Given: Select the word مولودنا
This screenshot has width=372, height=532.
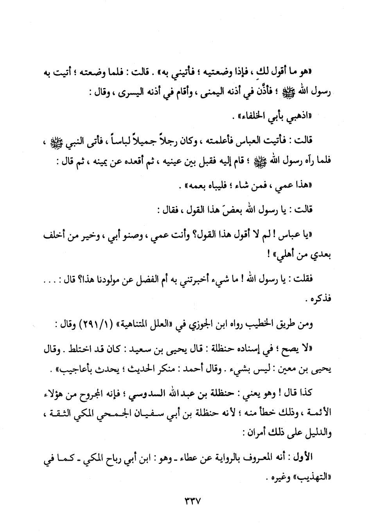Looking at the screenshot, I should [121, 280].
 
